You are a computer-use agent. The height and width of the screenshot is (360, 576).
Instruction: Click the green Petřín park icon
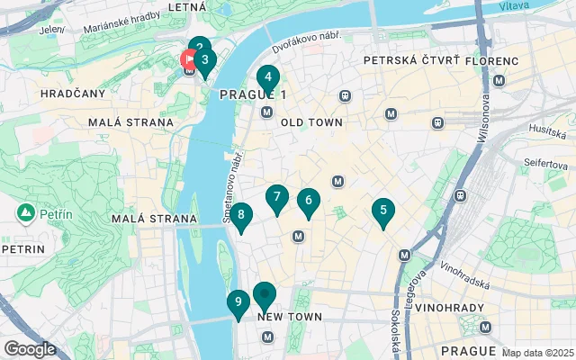[25, 213]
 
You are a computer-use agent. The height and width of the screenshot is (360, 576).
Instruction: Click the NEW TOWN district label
[289, 317]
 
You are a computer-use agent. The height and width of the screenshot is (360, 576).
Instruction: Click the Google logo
[30, 349]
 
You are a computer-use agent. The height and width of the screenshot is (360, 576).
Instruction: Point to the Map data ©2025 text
[537, 352]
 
